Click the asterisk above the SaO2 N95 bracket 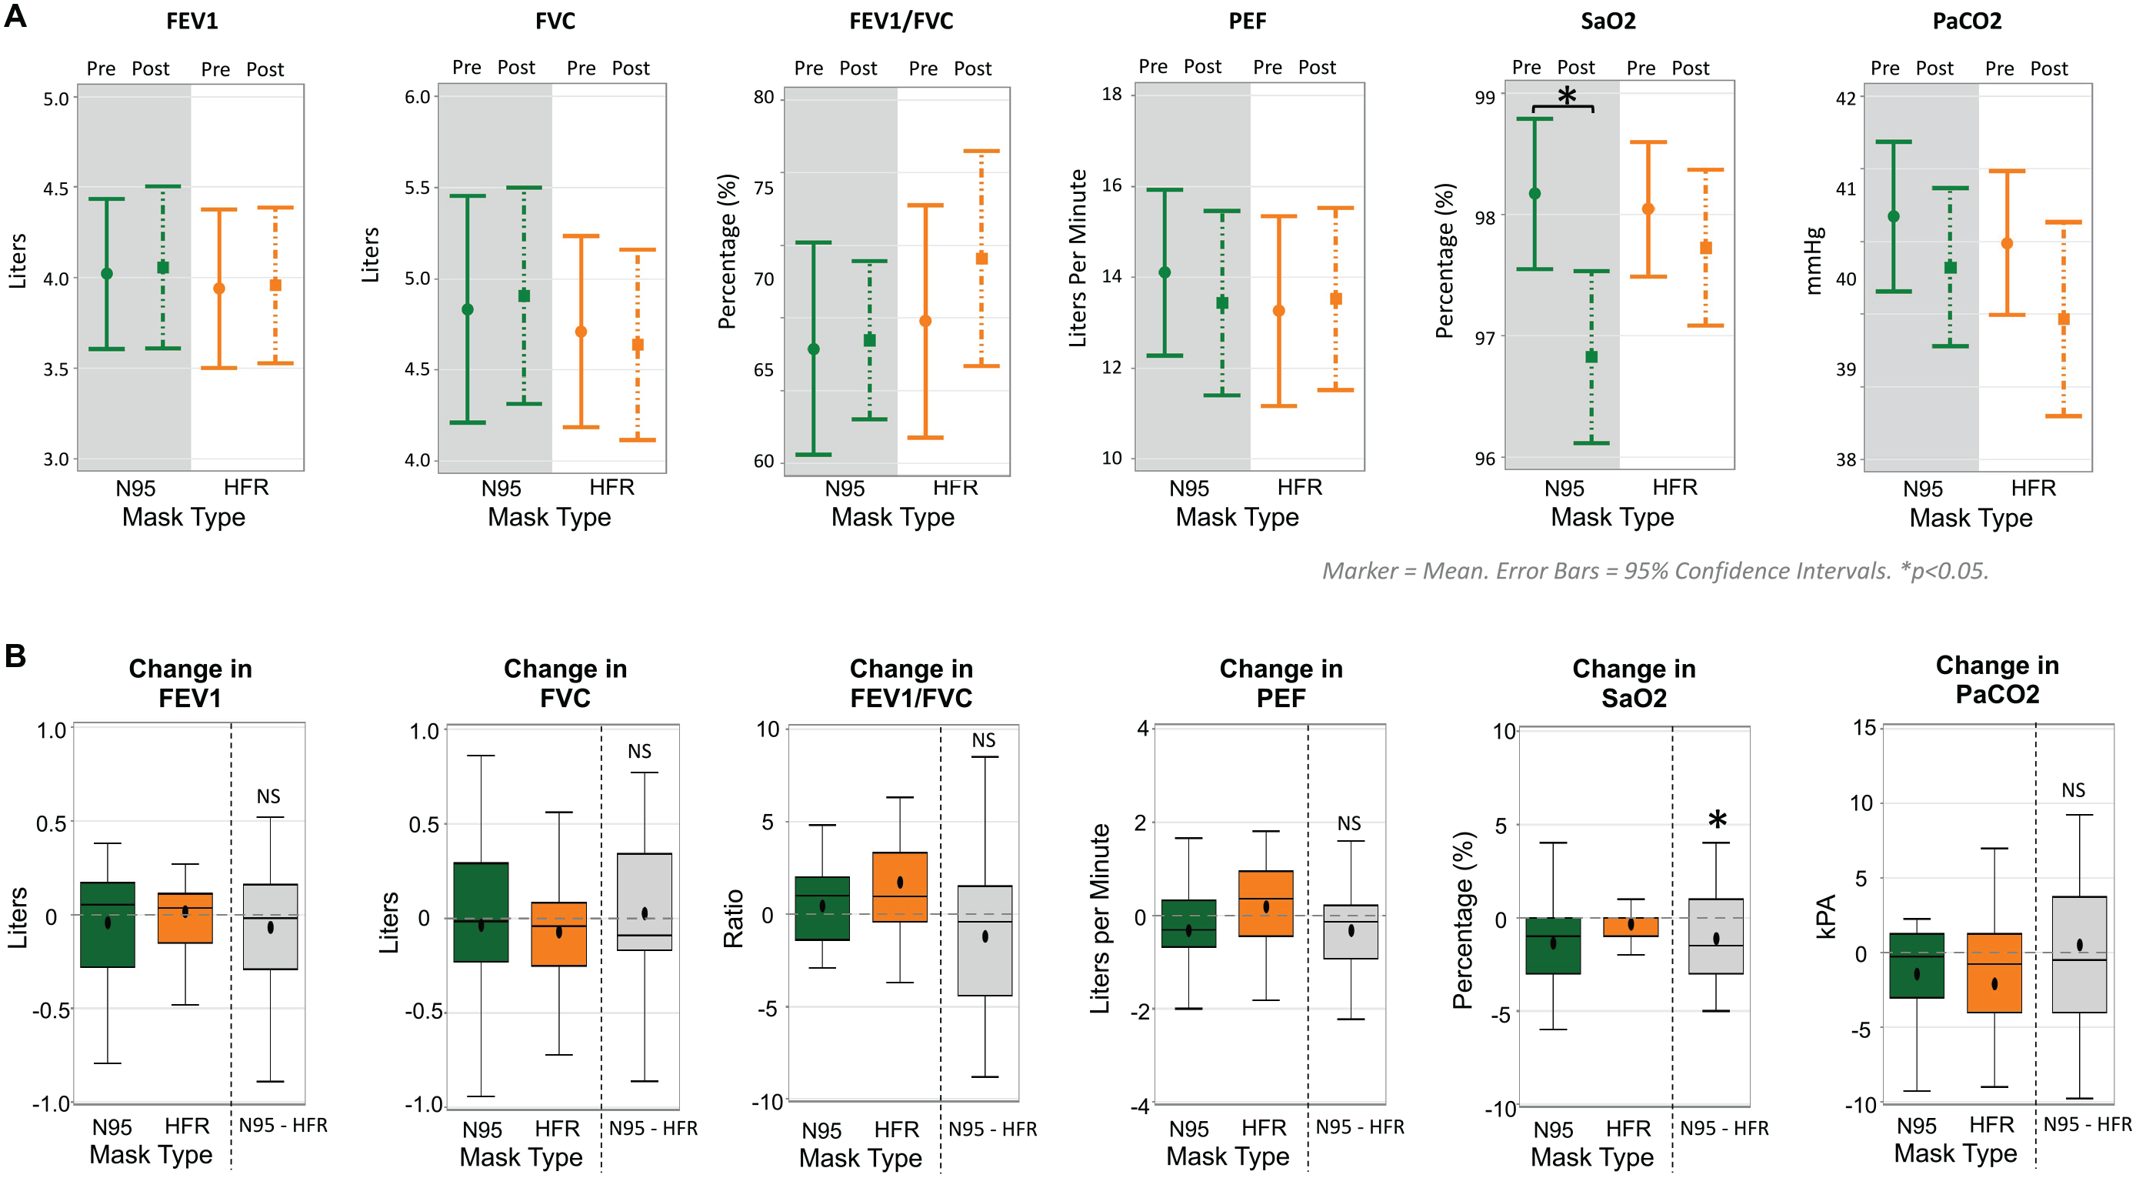[x=1566, y=96]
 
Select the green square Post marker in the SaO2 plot [x=1591, y=357]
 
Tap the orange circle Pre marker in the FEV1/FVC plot [x=925, y=321]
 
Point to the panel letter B [x=15, y=656]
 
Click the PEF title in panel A [x=1247, y=21]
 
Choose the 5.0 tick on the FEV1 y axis [x=55, y=98]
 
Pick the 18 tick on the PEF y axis [x=1111, y=94]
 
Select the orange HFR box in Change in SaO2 [x=1630, y=926]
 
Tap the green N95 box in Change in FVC [x=481, y=913]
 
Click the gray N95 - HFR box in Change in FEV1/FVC [x=985, y=941]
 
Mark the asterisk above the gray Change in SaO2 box [x=1718, y=820]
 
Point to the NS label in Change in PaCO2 [x=2073, y=789]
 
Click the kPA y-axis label [x=1825, y=916]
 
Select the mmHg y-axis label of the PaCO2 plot [x=1814, y=259]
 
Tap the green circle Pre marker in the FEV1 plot [x=107, y=274]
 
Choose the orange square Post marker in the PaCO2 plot [x=2063, y=319]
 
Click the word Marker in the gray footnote [x=1359, y=571]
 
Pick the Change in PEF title [x=1281, y=682]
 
